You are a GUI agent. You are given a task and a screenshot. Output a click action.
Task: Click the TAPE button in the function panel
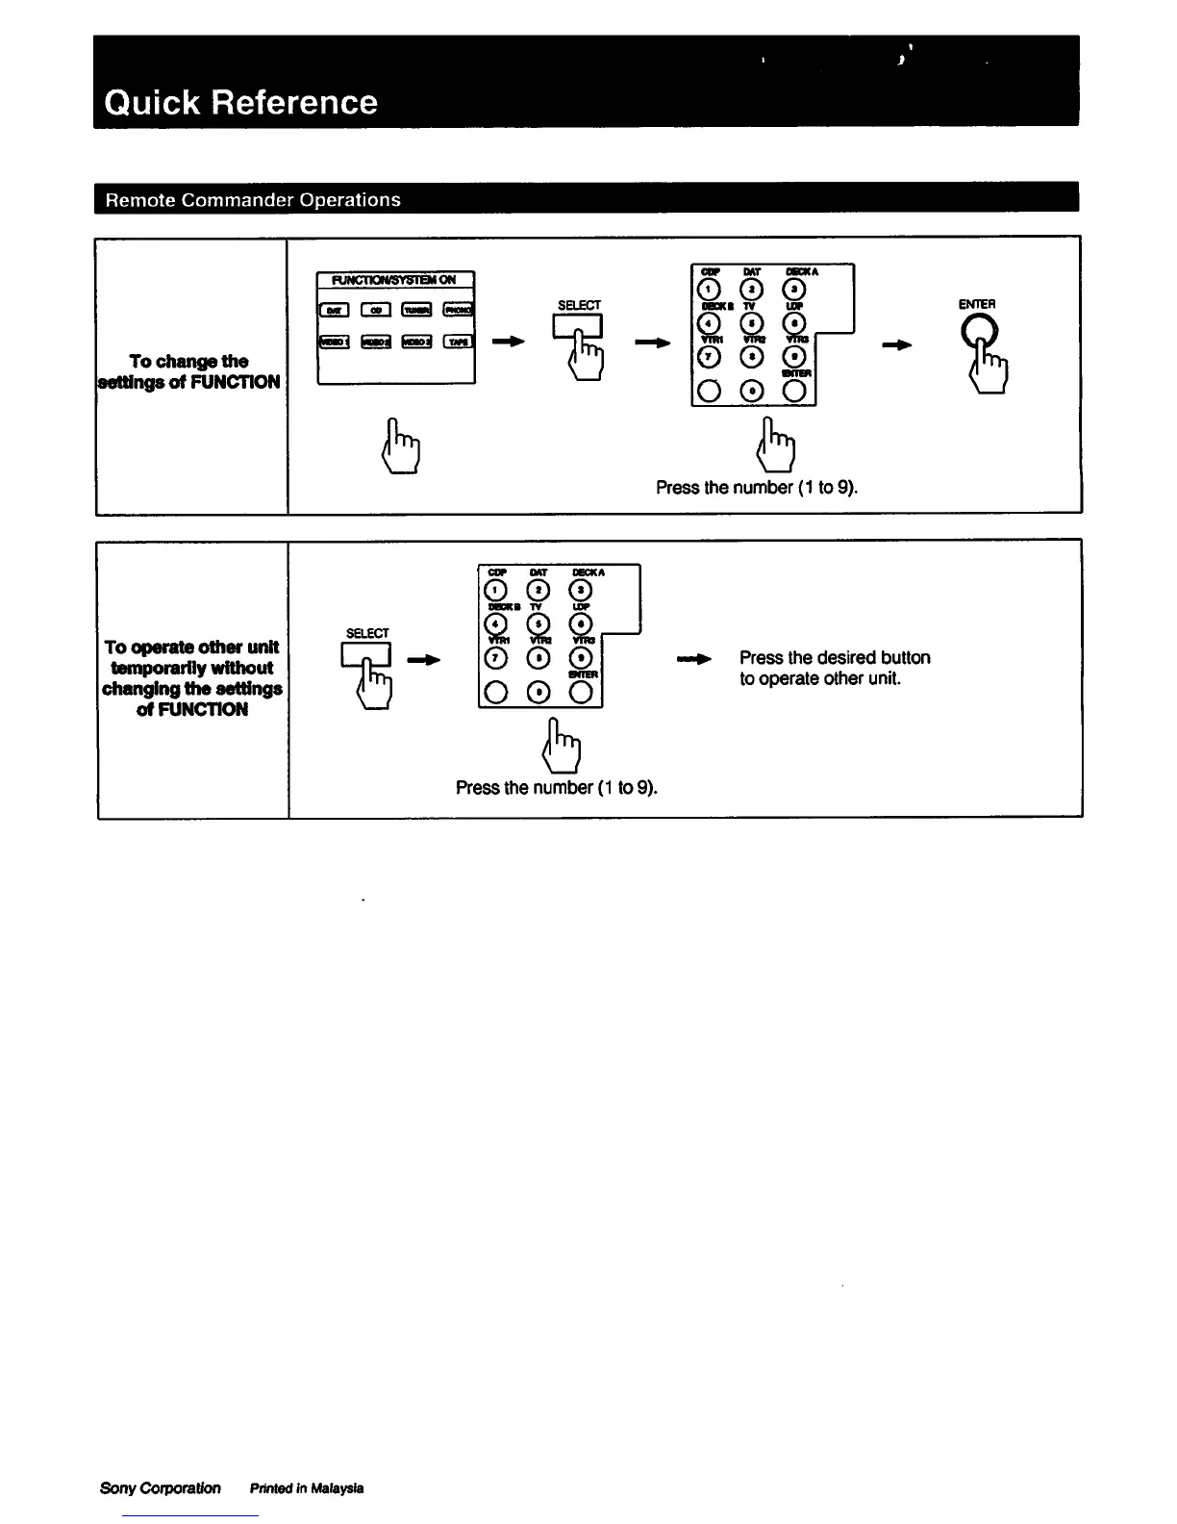[x=458, y=342]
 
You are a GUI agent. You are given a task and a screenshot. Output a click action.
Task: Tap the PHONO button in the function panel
[x=458, y=310]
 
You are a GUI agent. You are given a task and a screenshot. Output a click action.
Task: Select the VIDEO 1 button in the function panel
[x=334, y=342]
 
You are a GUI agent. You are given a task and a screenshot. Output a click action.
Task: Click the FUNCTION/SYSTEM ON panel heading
[x=395, y=280]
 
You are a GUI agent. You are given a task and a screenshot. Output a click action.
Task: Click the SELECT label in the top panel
[x=579, y=305]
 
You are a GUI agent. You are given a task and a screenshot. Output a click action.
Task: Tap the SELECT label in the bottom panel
[x=366, y=633]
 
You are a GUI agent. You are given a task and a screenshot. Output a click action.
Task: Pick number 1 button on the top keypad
[x=708, y=291]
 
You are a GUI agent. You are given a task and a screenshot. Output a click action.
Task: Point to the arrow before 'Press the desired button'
[x=693, y=659]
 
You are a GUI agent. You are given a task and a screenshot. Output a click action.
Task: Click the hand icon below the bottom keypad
[x=562, y=747]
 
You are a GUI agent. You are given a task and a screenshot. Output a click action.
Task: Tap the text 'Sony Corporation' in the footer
[x=160, y=1487]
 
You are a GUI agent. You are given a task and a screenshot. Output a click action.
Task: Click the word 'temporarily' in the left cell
[x=191, y=668]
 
